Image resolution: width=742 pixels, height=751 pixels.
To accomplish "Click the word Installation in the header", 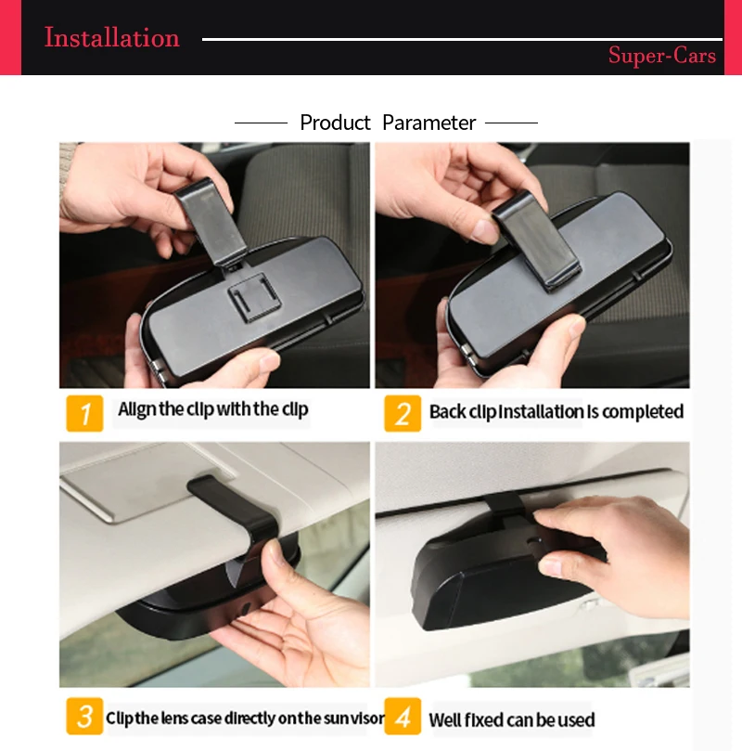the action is (x=112, y=37).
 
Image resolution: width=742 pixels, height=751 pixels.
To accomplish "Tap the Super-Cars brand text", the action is (x=662, y=55).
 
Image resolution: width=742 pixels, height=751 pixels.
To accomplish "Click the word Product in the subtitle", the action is (x=335, y=123).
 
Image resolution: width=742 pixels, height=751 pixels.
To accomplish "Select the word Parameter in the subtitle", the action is (x=429, y=123).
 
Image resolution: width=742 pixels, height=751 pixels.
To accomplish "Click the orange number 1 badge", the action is (x=84, y=413).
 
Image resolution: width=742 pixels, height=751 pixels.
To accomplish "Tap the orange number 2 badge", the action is (x=403, y=413).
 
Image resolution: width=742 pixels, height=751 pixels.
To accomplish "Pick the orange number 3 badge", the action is (x=84, y=716).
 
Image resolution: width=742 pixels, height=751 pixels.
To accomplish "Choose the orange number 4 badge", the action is (x=403, y=716).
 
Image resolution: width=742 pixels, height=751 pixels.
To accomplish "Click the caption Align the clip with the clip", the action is (x=213, y=410).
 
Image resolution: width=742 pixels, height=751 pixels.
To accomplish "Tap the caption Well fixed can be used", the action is (x=511, y=719).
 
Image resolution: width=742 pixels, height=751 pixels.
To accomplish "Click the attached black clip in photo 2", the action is (x=536, y=242).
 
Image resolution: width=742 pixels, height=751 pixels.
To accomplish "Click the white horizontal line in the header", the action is (x=462, y=39).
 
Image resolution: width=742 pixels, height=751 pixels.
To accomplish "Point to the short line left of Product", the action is (x=261, y=123).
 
